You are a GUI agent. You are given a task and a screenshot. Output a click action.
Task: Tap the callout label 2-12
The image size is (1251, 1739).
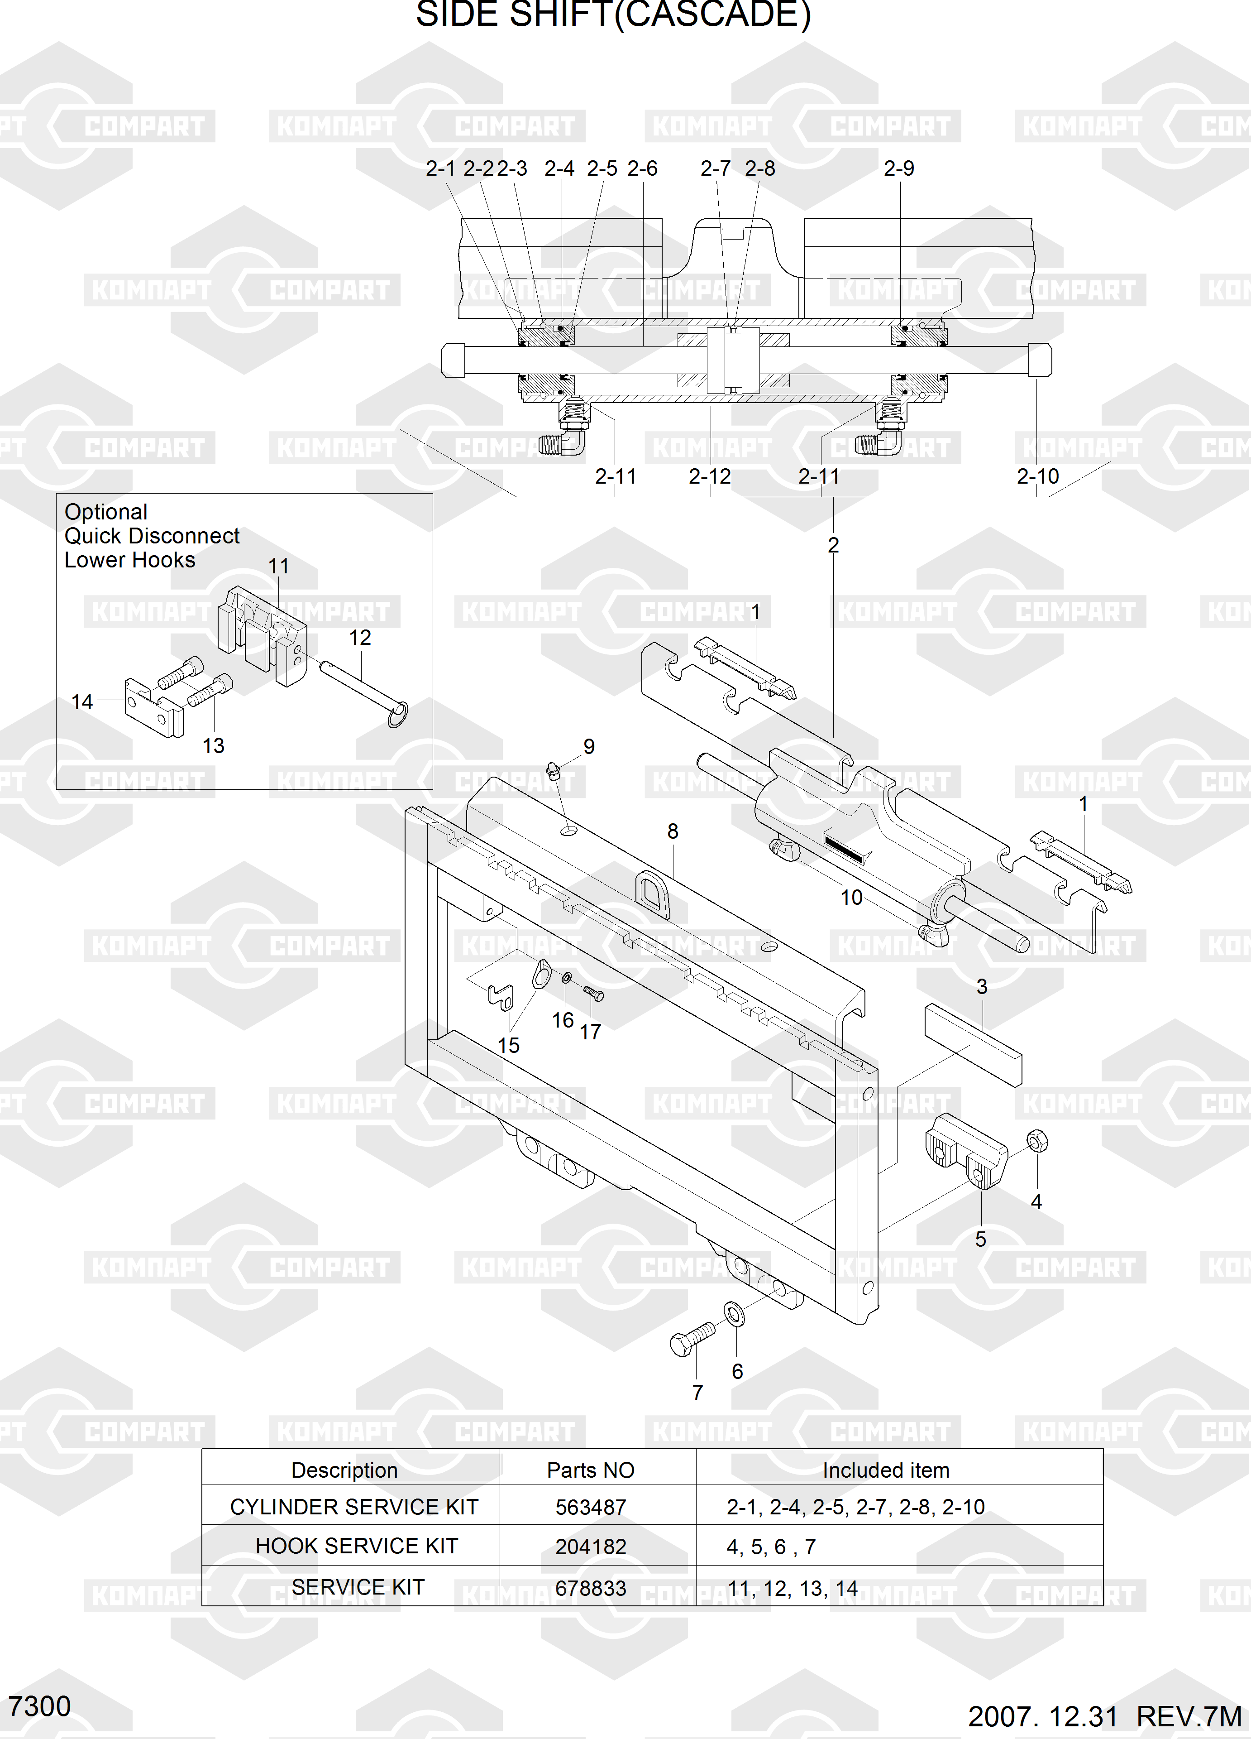click(x=710, y=477)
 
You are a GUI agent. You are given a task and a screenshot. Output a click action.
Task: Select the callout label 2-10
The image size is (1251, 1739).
click(x=1038, y=477)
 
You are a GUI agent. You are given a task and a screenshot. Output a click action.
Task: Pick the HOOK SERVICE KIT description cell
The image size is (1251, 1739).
click(x=357, y=1546)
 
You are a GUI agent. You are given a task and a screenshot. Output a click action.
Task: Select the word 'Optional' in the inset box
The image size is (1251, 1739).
click(x=106, y=512)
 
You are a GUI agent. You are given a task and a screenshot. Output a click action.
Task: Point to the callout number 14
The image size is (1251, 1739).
click(x=82, y=701)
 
